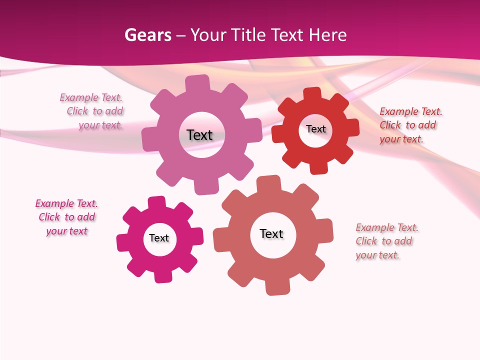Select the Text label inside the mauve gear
pyautogui.click(x=200, y=135)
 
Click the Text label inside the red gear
pyautogui.click(x=316, y=129)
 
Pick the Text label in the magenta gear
pyautogui.click(x=159, y=238)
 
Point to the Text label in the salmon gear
pyautogui.click(x=271, y=234)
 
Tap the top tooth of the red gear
pyautogui.click(x=312, y=94)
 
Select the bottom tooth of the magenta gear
pyautogui.click(x=161, y=276)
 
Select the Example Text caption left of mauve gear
pyautogui.click(x=91, y=111)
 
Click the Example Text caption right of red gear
pyautogui.click(x=410, y=125)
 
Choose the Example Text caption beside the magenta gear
pyautogui.click(x=66, y=217)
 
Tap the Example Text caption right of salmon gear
pyautogui.click(x=386, y=241)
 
